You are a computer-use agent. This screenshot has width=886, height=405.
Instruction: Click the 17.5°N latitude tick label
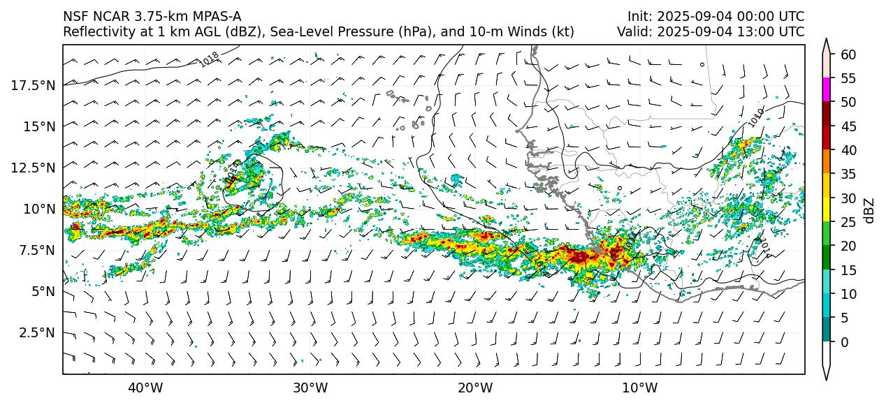33,85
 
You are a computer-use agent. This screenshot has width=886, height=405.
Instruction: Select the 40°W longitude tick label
145,388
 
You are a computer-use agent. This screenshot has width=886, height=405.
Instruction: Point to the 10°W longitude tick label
639,388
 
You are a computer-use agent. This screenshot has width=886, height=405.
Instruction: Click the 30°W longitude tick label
310,388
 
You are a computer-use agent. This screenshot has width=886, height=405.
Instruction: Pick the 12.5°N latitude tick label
33,168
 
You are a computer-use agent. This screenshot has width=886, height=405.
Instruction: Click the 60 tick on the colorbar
848,54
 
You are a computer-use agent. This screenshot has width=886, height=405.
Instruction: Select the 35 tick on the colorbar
848,175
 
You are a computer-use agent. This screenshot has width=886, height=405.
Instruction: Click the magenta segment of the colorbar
827,90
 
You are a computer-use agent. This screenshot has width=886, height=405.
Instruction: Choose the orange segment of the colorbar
827,162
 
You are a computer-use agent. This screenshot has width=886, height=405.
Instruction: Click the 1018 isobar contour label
209,59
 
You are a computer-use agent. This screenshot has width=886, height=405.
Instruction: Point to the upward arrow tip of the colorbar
827,40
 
